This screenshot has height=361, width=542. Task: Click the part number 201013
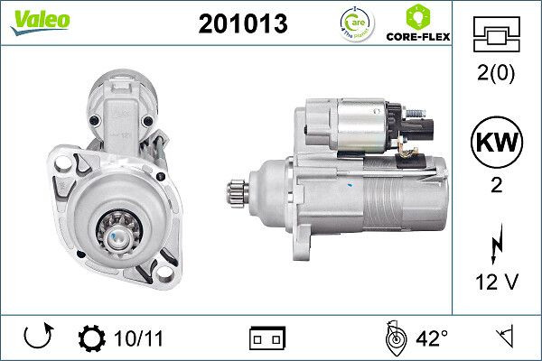[242, 24]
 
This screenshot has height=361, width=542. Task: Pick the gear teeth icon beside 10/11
[92, 339]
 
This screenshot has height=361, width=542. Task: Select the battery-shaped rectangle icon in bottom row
[266, 339]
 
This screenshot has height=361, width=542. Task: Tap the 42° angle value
[432, 339]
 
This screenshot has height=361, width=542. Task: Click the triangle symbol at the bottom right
[504, 338]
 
